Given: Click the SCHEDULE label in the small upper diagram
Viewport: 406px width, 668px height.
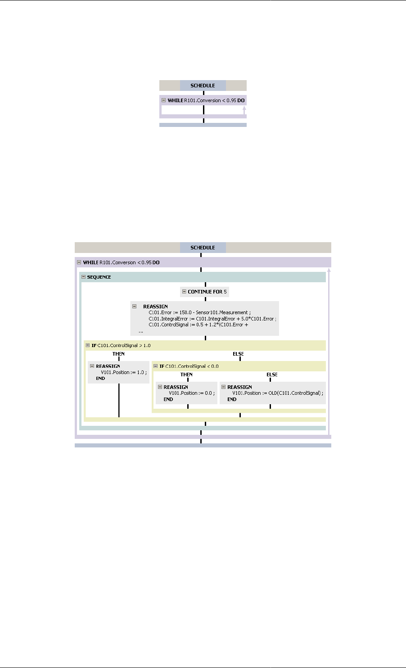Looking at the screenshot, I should click(x=203, y=86).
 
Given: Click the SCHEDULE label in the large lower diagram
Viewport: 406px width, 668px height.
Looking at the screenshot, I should click(x=203, y=248).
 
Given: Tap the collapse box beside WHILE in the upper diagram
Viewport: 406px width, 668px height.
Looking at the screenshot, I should click(x=164, y=100).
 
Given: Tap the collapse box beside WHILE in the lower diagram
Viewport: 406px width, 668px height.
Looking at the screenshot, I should click(x=79, y=262).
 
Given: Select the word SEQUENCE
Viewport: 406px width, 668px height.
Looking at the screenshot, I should click(x=99, y=277).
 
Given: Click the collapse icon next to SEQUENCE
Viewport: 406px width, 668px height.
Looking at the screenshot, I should click(x=83, y=277).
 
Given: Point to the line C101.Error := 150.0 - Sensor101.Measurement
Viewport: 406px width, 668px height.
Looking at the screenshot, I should click(x=199, y=312).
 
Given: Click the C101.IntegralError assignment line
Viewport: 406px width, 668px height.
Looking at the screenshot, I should click(x=212, y=319).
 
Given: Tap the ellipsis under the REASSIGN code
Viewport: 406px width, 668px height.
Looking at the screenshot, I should click(x=141, y=331).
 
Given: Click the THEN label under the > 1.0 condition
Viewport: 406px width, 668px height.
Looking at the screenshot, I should click(x=118, y=354).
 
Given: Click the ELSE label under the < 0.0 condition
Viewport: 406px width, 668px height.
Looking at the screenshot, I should click(x=272, y=375).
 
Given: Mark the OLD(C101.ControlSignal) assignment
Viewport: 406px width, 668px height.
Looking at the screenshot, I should click(x=278, y=393).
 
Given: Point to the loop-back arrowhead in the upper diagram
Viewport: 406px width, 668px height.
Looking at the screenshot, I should click(x=244, y=108).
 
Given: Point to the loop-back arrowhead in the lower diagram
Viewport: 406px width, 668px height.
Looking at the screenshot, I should click(x=329, y=270).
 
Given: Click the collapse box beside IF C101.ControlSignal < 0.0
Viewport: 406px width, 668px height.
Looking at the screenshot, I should click(x=156, y=366).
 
